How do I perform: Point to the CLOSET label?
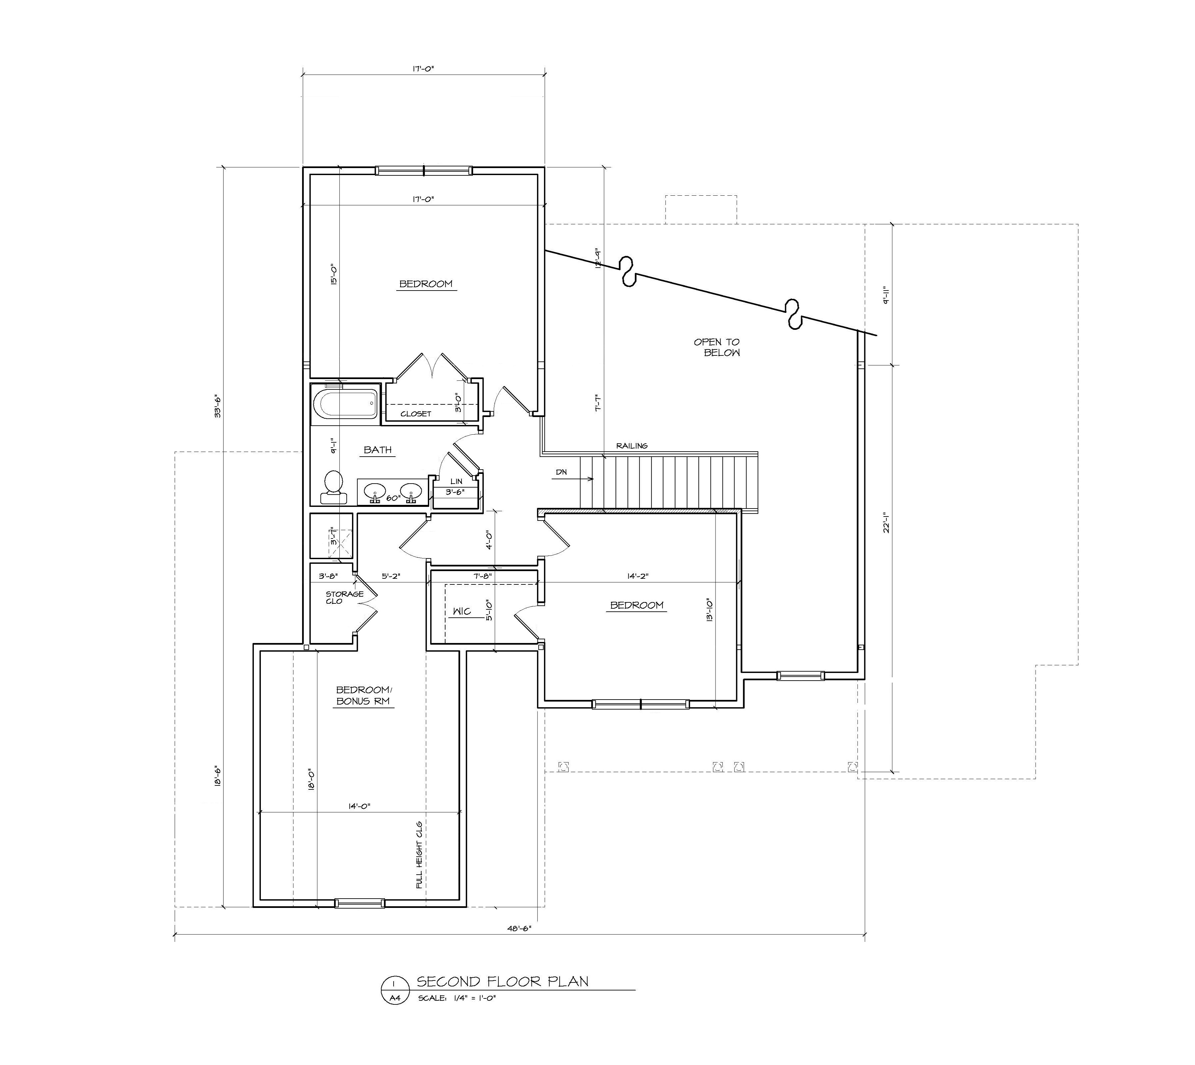(416, 414)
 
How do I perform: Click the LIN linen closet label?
(456, 481)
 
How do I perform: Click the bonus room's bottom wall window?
(360, 903)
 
